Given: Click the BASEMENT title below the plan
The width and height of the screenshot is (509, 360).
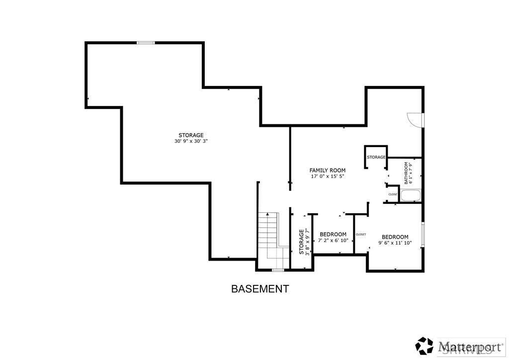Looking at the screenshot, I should pos(259,289).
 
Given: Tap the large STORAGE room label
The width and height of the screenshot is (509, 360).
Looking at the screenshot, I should pos(191,135).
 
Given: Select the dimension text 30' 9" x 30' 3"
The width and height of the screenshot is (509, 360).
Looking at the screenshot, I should pos(191,141).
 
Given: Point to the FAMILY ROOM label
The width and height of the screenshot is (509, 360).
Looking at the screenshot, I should pos(327,171).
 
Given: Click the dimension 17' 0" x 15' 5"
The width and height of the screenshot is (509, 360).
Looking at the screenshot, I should pos(327,177).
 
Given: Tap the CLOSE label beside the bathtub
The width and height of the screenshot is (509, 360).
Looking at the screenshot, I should pos(393,194).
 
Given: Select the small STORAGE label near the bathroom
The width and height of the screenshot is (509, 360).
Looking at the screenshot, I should pos(376,157).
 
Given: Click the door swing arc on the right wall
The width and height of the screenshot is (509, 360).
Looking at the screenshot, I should pos(415,119).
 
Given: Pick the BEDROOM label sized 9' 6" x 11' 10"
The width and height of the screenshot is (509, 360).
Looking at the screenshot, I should pos(395,237).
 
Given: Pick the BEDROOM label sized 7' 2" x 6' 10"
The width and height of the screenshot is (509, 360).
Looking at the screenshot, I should pos(333,235).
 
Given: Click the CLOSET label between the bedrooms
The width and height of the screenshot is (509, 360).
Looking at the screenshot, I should pos(361,234).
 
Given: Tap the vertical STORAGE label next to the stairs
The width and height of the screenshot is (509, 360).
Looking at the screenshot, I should pos(301,242).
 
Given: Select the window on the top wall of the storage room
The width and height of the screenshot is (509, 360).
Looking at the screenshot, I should pos(146,43).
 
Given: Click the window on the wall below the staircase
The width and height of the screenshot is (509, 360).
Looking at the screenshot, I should pos(278,270).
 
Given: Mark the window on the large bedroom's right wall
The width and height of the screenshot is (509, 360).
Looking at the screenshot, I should pos(423,235).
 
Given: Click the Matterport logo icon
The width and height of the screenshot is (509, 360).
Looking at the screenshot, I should pos(425,346).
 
